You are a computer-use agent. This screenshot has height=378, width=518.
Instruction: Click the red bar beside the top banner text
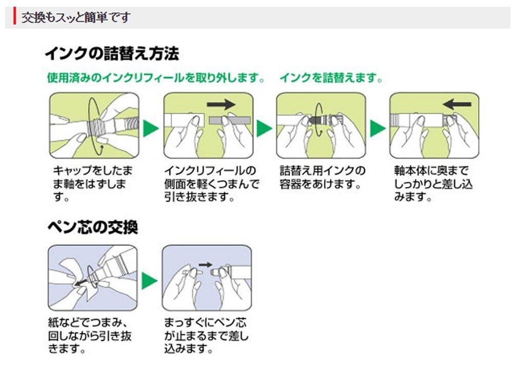(15, 17)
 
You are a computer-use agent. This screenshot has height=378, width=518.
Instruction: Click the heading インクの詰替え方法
(111, 53)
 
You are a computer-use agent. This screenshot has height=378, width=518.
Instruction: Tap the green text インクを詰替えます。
(331, 79)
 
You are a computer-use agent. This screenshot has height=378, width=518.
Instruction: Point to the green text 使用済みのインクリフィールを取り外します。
(156, 79)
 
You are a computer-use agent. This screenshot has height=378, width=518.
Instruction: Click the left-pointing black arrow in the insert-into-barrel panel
(457, 104)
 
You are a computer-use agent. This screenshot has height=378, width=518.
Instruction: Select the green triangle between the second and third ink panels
(264, 128)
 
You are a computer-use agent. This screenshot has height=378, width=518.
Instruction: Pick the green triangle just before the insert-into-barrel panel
(378, 128)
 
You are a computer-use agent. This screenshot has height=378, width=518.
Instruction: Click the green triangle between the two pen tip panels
(149, 280)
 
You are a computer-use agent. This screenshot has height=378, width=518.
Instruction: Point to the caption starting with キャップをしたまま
(89, 183)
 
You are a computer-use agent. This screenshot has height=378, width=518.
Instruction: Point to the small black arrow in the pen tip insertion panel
(205, 265)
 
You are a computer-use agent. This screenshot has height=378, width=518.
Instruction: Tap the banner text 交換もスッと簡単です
(75, 17)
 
